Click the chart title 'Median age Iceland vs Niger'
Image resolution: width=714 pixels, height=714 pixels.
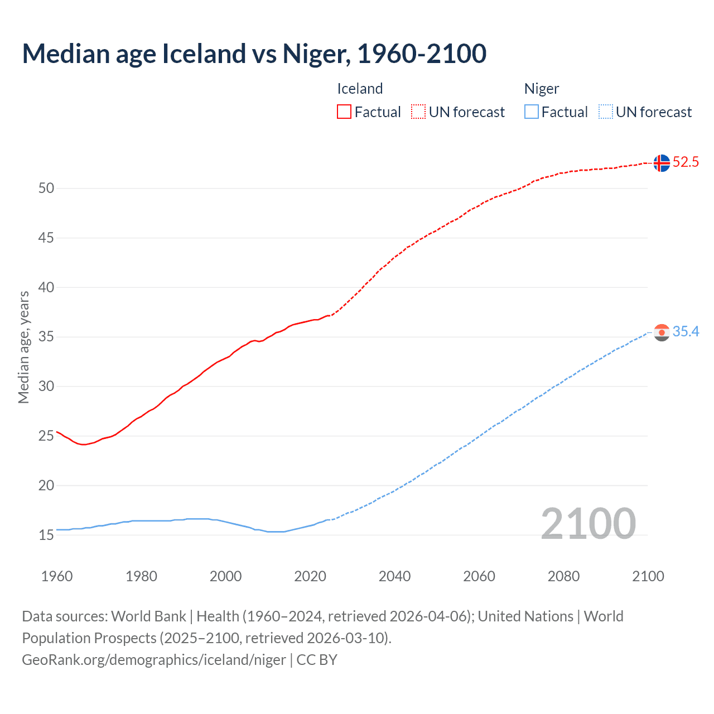254,54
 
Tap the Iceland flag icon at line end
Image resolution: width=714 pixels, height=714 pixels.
662,163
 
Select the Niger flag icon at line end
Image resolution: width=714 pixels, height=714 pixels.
662,332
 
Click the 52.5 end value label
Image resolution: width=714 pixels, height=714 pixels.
686,162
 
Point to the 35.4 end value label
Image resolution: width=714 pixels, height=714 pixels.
686,332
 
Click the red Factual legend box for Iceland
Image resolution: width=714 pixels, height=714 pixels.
344,112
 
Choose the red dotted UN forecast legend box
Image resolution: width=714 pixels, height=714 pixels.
418,112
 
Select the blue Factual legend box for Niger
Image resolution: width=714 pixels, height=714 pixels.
532,112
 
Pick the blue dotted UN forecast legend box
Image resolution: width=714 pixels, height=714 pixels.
606,112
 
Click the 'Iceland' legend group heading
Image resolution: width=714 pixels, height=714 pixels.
360,89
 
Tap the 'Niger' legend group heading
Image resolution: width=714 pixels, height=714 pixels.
541,89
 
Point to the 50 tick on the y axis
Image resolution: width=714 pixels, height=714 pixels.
46,189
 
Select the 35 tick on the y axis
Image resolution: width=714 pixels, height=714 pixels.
46,337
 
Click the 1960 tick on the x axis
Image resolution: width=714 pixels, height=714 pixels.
57,576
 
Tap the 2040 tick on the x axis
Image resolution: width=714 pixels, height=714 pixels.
394,576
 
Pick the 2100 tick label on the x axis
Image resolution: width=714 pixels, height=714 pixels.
648,576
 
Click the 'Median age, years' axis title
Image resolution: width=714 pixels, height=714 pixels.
23,347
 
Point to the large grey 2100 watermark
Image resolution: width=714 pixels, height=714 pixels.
588,523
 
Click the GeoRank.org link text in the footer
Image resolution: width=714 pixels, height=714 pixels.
154,660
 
